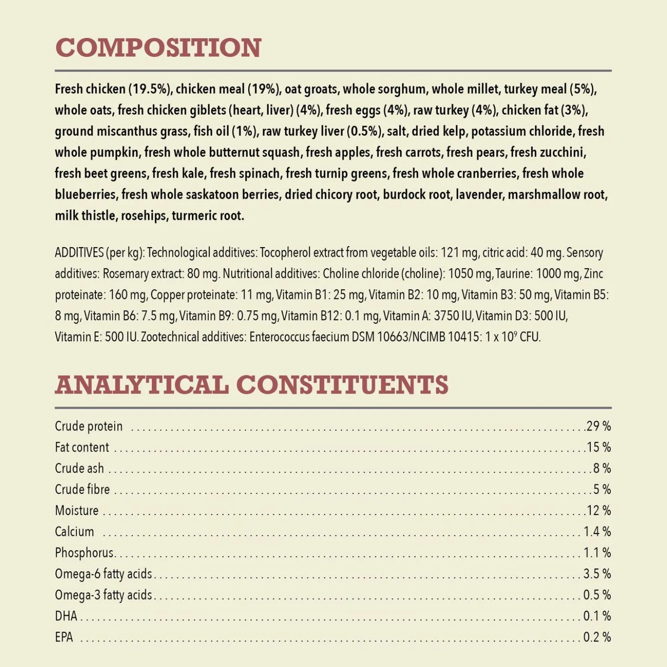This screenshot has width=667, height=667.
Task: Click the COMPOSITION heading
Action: [158, 48]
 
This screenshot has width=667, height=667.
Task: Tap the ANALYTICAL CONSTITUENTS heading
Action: [251, 384]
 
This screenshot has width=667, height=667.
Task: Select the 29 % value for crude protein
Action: [598, 426]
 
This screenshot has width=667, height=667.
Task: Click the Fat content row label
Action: [82, 447]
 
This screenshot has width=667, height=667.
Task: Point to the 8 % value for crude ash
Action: [602, 468]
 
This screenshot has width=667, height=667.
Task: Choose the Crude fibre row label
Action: [82, 489]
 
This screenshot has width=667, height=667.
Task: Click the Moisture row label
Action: [76, 510]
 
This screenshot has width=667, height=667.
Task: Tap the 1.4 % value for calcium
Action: [597, 531]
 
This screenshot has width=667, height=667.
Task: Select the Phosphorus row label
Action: [84, 553]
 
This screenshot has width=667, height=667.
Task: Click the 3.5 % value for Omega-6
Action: [597, 574]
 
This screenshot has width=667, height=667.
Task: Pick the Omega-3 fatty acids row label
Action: [103, 595]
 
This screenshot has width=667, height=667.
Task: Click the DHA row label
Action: [66, 616]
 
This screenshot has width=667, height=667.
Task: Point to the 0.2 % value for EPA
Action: [597, 637]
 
